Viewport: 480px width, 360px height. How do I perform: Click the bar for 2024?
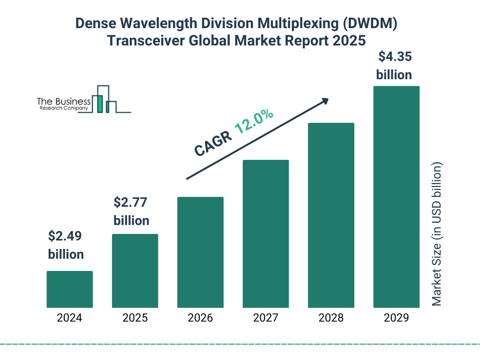click(x=69, y=289)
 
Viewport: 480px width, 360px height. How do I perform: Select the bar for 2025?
click(x=135, y=271)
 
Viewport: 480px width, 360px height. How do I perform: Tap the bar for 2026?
click(x=200, y=252)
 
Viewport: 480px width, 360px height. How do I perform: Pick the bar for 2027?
click(x=265, y=234)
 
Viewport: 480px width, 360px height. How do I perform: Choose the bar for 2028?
click(x=331, y=215)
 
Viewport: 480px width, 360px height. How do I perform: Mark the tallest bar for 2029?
click(x=396, y=197)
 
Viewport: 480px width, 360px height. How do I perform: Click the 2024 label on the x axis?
click(x=69, y=318)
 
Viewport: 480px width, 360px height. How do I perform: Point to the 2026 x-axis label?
click(x=200, y=318)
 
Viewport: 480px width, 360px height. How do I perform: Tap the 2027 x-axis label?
click(x=265, y=318)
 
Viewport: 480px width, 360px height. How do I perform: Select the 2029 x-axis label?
click(x=396, y=318)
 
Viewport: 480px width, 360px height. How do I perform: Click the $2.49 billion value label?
click(x=66, y=245)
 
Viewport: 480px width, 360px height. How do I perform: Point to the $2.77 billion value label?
click(x=132, y=211)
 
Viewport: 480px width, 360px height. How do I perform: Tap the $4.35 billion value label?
click(x=394, y=66)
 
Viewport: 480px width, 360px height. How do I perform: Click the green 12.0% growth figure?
click(x=254, y=121)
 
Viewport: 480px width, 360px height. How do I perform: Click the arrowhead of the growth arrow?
click(x=325, y=101)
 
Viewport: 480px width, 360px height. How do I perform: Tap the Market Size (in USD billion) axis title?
click(x=437, y=234)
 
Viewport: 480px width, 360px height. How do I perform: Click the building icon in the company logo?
click(x=104, y=100)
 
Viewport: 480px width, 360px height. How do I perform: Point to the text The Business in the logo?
click(x=64, y=102)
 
